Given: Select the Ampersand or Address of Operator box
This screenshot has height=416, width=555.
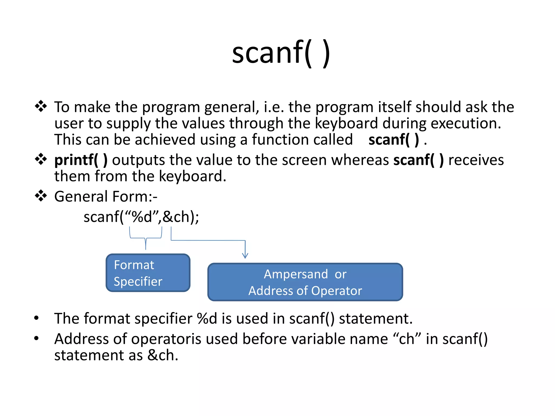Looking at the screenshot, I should click(x=305, y=282).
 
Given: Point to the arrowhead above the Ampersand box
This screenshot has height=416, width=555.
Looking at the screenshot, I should click(x=245, y=255).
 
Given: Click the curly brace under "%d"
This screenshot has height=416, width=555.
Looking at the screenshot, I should click(x=146, y=238).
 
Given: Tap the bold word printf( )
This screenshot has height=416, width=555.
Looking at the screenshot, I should click(x=81, y=160).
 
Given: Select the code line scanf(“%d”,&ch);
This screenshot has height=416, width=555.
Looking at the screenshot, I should click(x=141, y=217).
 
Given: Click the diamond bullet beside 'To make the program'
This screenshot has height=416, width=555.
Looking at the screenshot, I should click(x=41, y=106).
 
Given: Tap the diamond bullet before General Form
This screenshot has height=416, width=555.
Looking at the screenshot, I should click(x=41, y=196).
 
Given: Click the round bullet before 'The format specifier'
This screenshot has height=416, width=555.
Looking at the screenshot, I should click(x=37, y=318).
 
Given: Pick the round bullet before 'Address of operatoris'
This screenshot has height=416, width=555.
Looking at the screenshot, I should click(x=37, y=338).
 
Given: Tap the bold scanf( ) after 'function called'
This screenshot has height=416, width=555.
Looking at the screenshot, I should click(x=393, y=140).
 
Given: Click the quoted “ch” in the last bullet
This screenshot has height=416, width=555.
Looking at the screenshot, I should click(x=406, y=339).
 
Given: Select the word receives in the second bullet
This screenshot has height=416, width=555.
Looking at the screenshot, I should click(x=476, y=160).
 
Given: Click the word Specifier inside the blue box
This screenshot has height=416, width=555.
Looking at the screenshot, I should click(x=138, y=282).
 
